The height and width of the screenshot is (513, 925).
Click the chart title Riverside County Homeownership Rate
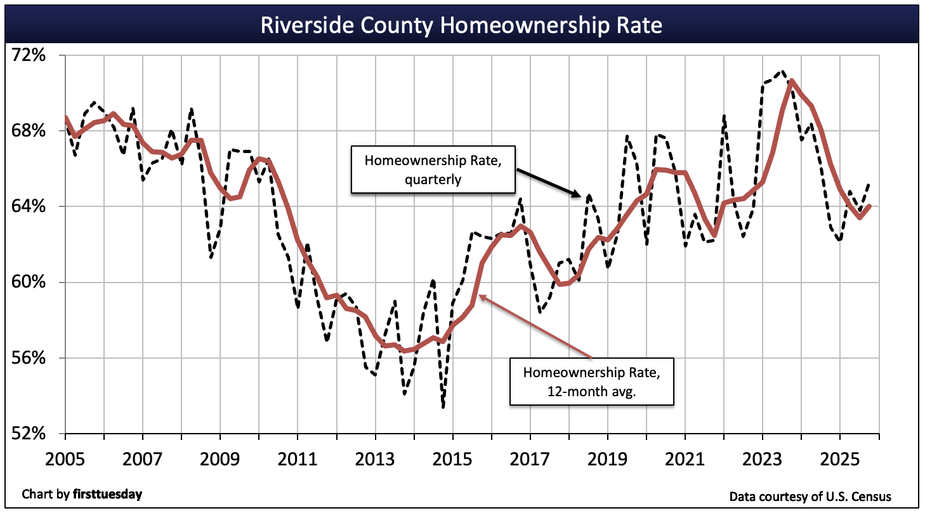click(462, 25)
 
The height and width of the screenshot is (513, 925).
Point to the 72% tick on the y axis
click(29, 55)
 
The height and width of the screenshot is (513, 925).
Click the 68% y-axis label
click(29, 131)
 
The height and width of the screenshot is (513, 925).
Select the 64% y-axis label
click(29, 206)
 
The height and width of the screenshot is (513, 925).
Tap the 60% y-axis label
click(29, 282)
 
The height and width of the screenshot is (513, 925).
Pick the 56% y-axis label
click(29, 358)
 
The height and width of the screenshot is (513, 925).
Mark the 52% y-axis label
click(29, 434)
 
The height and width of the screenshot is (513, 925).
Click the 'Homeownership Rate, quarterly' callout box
click(433, 169)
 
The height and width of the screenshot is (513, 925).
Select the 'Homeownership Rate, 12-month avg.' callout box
click(591, 382)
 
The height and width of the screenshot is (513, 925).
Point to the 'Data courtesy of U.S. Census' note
click(810, 496)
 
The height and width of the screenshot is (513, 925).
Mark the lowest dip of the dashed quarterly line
click(443, 407)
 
